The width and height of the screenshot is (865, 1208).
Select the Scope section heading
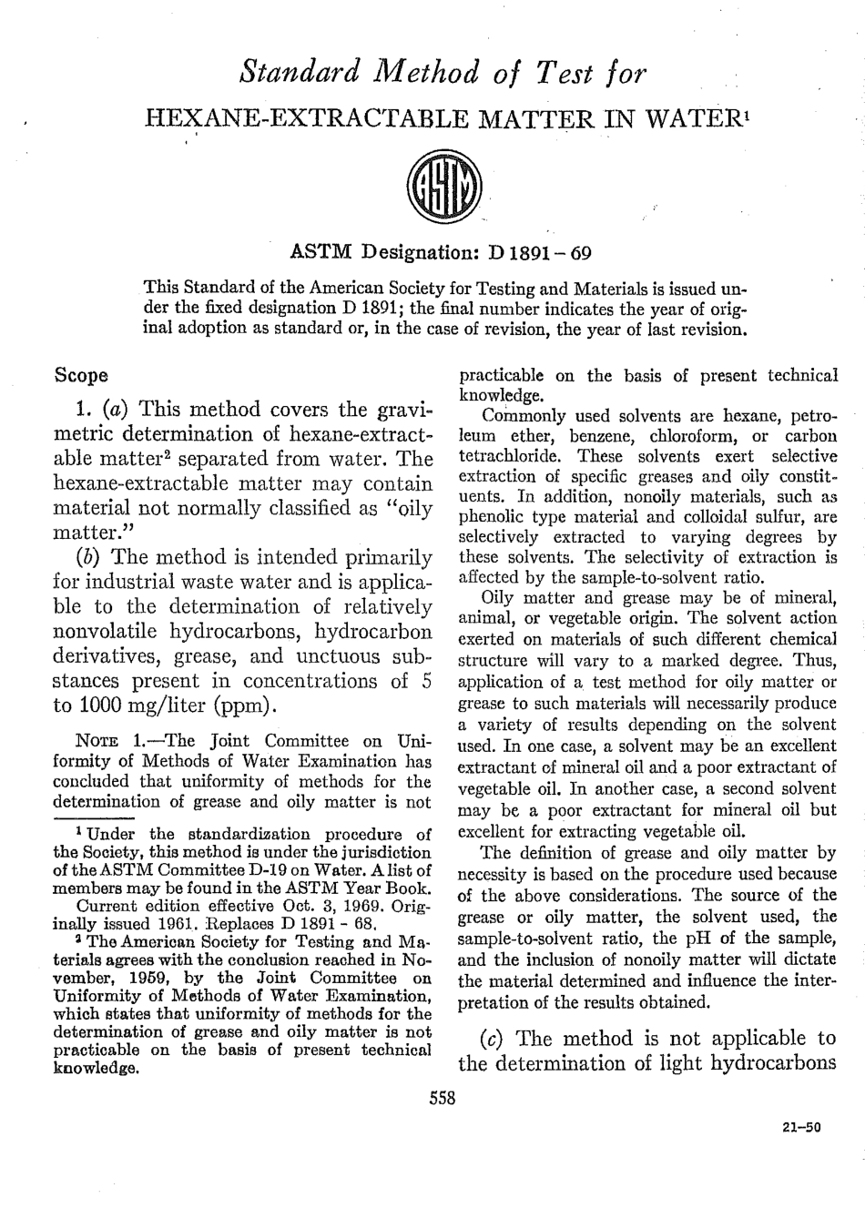82,375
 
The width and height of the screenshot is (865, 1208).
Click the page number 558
442,1099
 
